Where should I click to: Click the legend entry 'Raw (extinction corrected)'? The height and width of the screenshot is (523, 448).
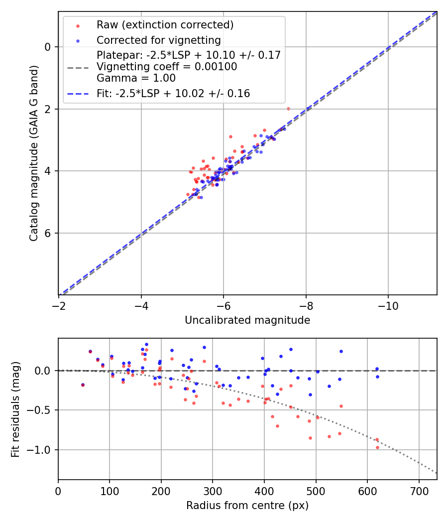click(x=165, y=25)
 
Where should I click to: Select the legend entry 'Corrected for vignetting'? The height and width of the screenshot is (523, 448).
click(x=158, y=40)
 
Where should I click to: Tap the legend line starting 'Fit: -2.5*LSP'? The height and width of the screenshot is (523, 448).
click(x=173, y=93)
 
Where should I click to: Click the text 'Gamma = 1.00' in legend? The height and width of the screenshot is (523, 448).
click(x=136, y=78)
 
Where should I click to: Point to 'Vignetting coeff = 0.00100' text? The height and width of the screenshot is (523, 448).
click(x=166, y=66)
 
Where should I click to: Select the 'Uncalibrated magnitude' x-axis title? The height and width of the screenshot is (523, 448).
click(x=247, y=320)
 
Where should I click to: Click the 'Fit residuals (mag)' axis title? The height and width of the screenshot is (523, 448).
click(x=15, y=408)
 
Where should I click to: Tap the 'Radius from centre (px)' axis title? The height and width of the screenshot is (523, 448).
click(x=247, y=506)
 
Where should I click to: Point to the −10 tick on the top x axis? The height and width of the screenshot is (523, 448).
click(x=388, y=305)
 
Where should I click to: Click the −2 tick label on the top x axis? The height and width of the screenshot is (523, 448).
click(x=59, y=305)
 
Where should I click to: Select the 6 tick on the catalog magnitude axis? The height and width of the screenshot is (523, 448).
click(x=48, y=233)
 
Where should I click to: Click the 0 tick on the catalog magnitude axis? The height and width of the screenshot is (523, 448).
click(x=48, y=47)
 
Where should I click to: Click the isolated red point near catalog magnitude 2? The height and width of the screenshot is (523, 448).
click(x=288, y=109)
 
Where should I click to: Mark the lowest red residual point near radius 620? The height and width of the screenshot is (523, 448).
click(x=377, y=447)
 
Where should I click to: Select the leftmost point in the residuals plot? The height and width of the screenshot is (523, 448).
click(x=83, y=385)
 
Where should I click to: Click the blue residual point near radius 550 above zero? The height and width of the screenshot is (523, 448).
click(x=341, y=351)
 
